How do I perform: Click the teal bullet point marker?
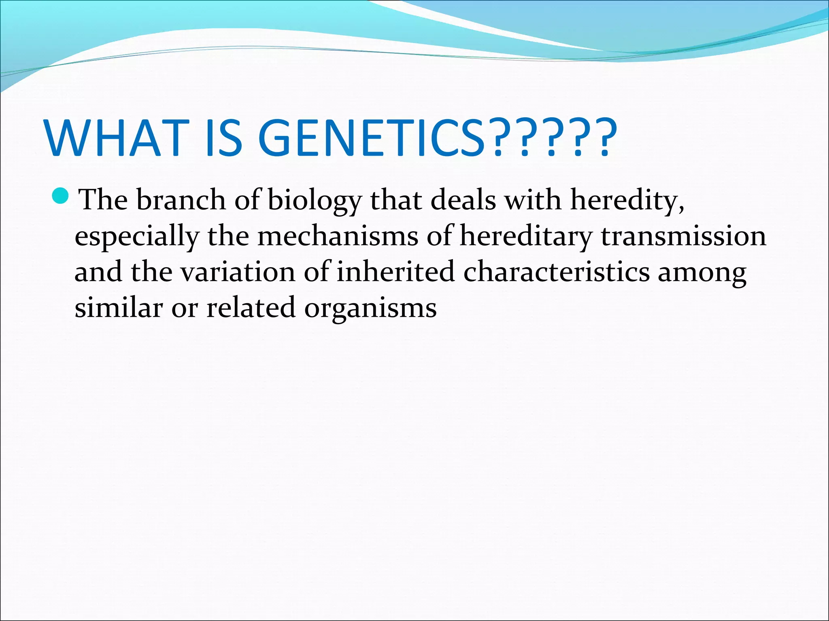[61, 196]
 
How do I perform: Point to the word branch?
[181, 200]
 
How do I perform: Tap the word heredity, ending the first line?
[627, 201]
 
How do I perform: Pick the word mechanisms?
[338, 236]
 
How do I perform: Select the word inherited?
[395, 271]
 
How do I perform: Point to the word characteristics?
[557, 271]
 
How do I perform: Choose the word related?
[251, 307]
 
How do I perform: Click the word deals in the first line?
[463, 200]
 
